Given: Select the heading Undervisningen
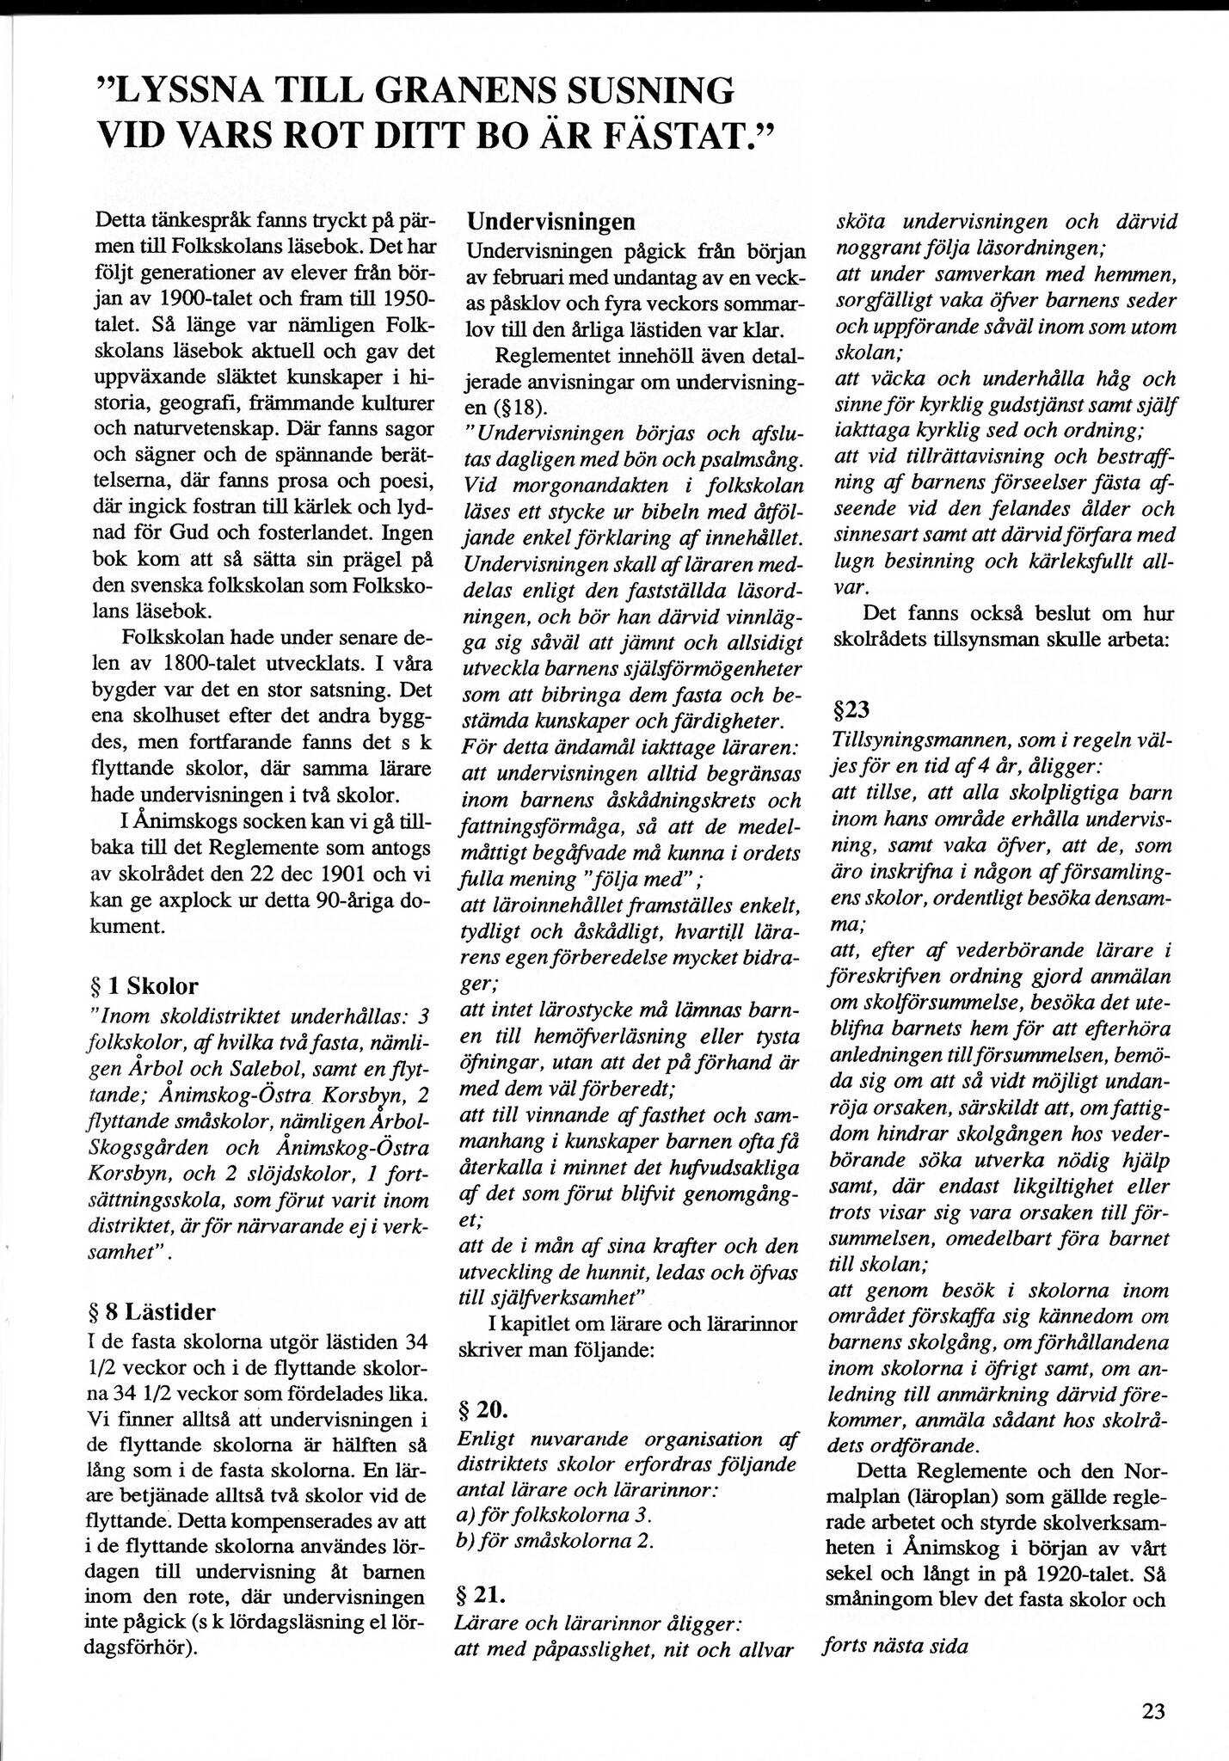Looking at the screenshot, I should pos(551,221).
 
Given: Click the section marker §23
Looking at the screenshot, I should pos(852,711).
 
